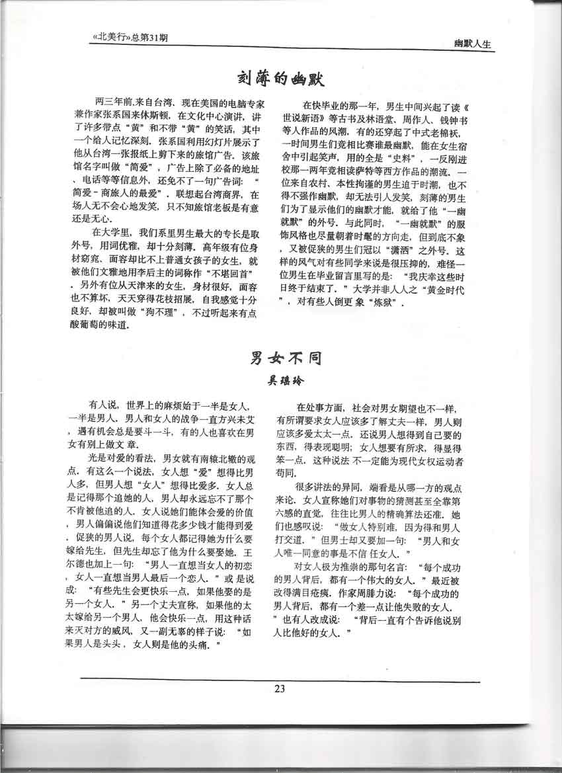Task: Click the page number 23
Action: (x=279, y=689)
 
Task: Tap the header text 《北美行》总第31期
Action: (x=128, y=38)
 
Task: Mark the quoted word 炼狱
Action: (x=382, y=305)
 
